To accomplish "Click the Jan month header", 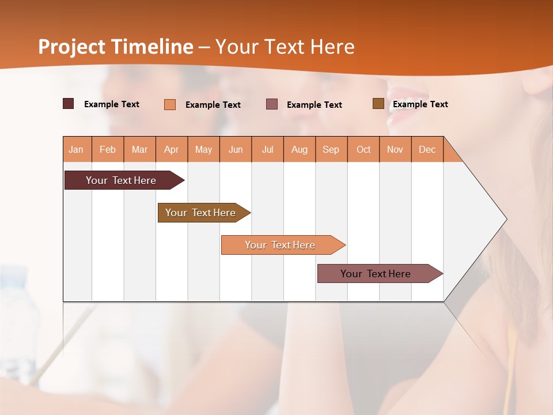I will pos(77,149).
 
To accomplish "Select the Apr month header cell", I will pos(172,149).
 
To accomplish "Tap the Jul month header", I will pos(267,149).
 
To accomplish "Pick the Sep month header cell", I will pos(331,149).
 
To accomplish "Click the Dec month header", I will pos(427,149).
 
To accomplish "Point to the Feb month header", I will pos(108,149).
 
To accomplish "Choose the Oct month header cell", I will pos(363,149).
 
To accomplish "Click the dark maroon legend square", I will pos(69,104).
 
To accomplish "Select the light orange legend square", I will pos(170,104).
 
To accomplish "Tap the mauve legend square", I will pos(272,104).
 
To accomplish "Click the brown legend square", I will pos(378,104).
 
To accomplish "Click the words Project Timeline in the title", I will pos(115,47).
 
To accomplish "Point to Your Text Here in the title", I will pos(285,47).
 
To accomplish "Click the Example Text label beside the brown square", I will pos(420,104).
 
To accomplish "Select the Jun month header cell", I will pos(236,149).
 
